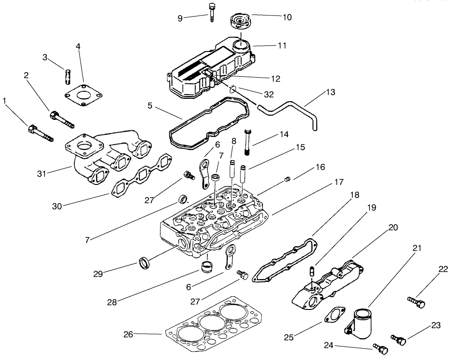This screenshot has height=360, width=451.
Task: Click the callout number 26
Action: click(128, 334)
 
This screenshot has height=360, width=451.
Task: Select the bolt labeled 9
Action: click(212, 12)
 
